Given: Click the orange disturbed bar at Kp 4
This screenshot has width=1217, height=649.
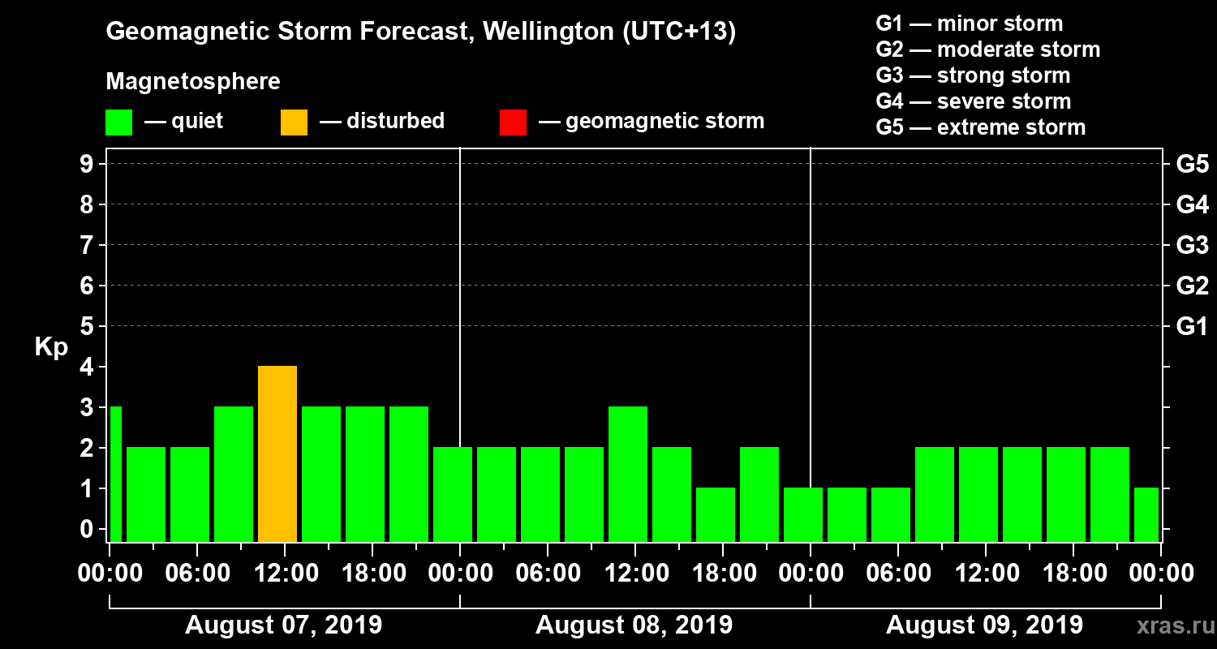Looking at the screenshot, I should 277,453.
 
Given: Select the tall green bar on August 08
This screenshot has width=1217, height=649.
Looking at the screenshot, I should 628,474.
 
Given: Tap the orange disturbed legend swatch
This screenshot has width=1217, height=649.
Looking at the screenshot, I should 294,122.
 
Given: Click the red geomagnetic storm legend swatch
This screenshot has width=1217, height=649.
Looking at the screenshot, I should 513,122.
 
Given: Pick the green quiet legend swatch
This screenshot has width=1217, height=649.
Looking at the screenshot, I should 118,122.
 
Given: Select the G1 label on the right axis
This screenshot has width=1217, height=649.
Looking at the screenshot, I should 1192,326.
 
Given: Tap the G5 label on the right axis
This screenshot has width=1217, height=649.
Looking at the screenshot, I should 1192,164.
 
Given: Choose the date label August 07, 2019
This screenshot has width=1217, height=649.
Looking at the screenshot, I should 284,625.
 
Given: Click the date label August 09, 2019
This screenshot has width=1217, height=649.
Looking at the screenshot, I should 984,625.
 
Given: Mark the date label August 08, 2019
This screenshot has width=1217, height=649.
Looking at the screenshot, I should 634,625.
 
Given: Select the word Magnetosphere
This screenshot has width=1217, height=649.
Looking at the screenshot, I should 193,82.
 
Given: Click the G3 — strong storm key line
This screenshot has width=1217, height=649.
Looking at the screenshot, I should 973,75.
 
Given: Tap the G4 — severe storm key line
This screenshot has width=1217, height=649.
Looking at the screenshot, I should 973,101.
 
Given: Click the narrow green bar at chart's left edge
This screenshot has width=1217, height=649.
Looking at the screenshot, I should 115,474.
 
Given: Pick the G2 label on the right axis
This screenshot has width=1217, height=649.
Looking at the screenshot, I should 1192,286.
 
